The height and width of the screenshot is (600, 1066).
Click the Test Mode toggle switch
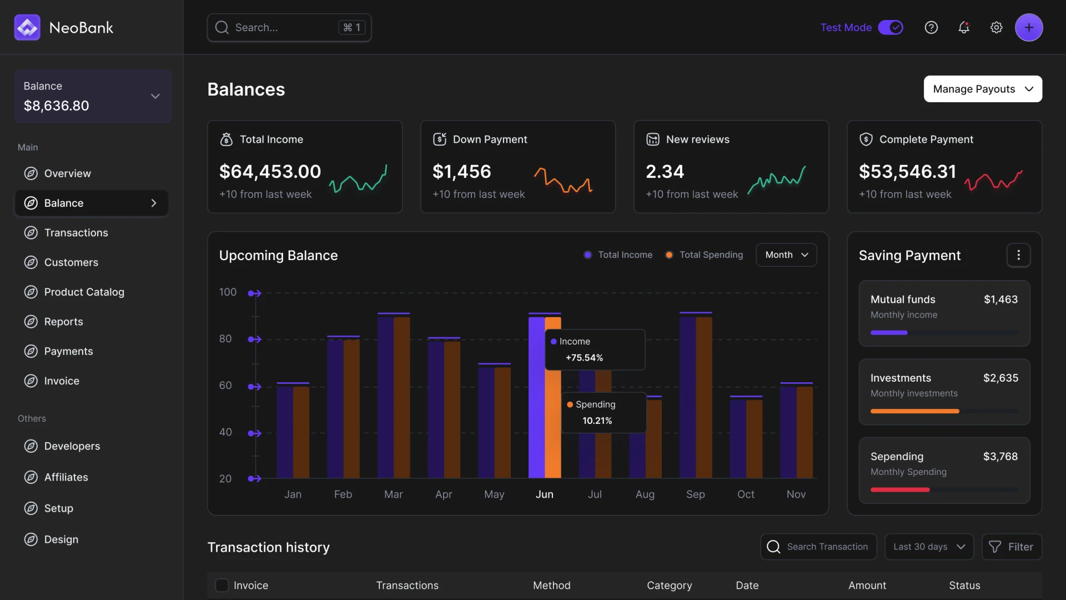click(x=891, y=27)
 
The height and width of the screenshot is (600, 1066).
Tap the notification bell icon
click(x=964, y=27)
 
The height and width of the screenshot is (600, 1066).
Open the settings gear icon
click(x=997, y=27)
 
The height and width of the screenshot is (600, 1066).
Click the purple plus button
click(x=1029, y=27)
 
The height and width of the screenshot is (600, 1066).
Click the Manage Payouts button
click(x=983, y=89)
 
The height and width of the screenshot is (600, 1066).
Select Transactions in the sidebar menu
click(x=76, y=233)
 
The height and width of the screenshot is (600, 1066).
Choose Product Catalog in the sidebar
click(x=84, y=292)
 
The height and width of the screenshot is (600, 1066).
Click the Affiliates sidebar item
click(x=66, y=477)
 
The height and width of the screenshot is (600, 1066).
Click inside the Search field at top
click(x=283, y=27)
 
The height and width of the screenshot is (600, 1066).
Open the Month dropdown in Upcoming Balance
click(x=786, y=254)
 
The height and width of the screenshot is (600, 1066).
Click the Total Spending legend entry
click(x=705, y=254)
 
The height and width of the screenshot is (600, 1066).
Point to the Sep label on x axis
click(x=695, y=494)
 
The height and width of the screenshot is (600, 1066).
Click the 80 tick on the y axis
click(x=225, y=339)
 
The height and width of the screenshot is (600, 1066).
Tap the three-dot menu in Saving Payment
click(x=1018, y=255)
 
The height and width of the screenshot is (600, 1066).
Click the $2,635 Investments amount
click(x=1000, y=378)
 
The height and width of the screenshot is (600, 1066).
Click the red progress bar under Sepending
click(x=900, y=489)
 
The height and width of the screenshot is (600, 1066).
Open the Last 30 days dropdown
click(x=928, y=547)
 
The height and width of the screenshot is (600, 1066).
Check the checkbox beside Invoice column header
click(x=222, y=585)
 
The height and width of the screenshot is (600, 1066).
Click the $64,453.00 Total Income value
click(x=270, y=172)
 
